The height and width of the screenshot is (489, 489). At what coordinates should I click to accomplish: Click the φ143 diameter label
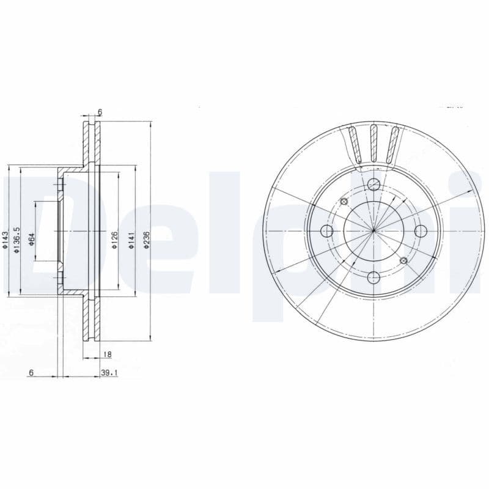(6, 241)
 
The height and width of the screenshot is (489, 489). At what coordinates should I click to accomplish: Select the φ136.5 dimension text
(18, 238)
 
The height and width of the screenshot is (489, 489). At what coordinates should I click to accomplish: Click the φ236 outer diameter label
(146, 240)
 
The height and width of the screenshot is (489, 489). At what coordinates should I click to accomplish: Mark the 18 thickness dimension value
(107, 354)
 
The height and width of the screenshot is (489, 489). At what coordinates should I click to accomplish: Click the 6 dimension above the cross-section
(100, 112)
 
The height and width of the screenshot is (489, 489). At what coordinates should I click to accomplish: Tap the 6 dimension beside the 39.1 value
(31, 372)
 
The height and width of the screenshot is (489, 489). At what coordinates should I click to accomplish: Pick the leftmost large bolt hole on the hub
(327, 231)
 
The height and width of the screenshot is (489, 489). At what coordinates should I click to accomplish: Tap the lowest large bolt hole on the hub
(373, 278)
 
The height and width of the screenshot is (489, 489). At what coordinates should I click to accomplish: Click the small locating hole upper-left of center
(344, 202)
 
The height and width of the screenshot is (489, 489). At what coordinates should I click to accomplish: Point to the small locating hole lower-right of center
(403, 261)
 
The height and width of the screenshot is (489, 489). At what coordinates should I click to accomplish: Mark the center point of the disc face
(373, 231)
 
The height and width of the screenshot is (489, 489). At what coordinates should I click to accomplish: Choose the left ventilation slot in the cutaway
(353, 144)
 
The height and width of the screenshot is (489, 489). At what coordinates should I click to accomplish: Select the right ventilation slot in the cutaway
(394, 144)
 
